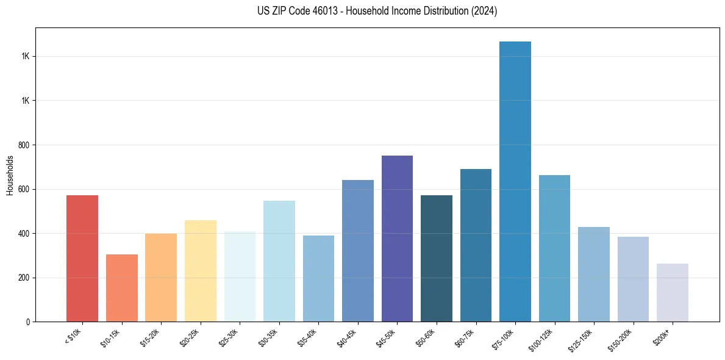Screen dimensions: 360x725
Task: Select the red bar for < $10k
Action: point(82,259)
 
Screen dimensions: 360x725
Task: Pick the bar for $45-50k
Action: point(397,239)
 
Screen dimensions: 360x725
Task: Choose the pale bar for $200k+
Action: point(672,293)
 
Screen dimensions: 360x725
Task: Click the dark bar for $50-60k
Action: point(436,259)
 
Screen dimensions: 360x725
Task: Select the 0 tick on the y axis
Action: point(28,322)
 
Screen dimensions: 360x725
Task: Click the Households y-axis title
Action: point(10,175)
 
